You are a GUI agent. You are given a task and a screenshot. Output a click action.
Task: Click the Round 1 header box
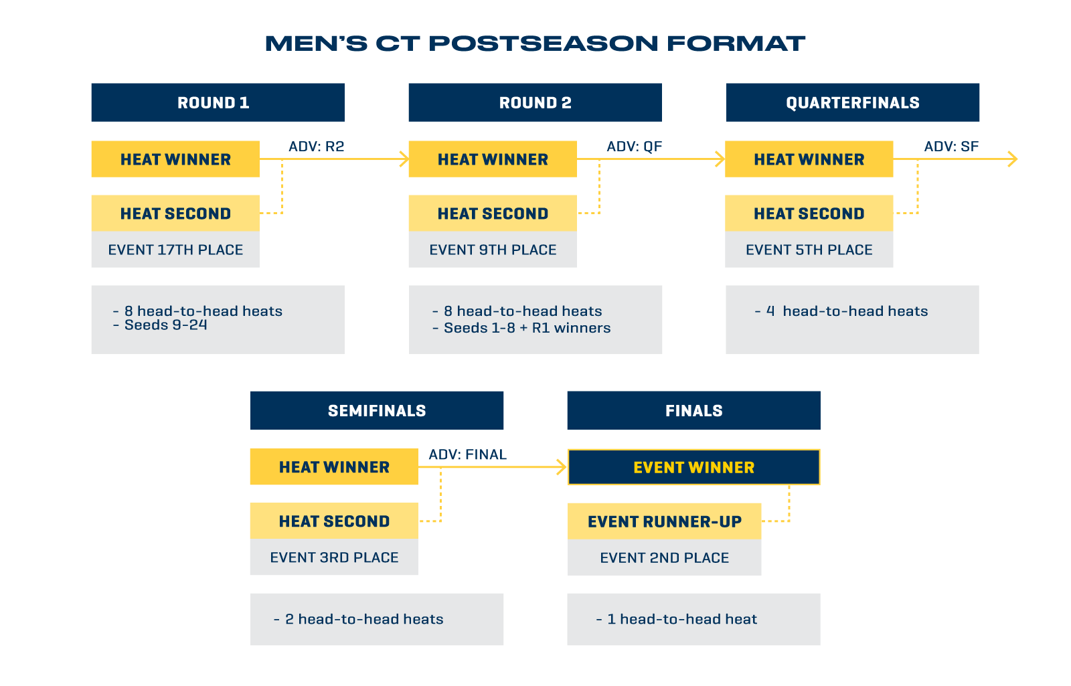(218, 102)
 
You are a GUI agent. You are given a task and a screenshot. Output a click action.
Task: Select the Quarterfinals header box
(853, 102)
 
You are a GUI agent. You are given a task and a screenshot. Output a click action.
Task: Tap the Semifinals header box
(377, 410)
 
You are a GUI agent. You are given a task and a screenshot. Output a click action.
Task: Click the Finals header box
(693, 410)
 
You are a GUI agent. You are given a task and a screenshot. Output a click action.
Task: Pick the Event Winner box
(693, 467)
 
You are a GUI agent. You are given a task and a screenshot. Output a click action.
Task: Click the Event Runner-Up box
(664, 521)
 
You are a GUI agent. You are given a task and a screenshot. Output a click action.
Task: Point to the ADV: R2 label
(316, 147)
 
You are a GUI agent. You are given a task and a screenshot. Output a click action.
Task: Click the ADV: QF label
(634, 147)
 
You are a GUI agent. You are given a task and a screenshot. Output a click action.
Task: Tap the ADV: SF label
(951, 147)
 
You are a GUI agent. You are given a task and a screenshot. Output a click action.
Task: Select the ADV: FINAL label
(467, 454)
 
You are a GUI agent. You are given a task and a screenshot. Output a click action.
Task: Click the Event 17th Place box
(175, 250)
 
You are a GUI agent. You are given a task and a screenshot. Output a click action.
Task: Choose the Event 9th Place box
(493, 250)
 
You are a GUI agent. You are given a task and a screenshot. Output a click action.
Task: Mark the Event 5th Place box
(809, 250)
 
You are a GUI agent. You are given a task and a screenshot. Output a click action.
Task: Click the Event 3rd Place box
(334, 557)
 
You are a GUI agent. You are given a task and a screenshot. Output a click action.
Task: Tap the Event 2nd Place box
(664, 558)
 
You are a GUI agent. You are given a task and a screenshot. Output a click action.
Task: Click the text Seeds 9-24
(165, 325)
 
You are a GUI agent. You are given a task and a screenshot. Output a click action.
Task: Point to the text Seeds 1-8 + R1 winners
(527, 328)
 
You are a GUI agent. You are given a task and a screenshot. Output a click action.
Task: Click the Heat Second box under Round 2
(493, 213)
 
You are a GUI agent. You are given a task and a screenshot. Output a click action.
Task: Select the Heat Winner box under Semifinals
(334, 466)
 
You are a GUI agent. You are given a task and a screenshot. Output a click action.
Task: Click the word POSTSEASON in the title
(543, 44)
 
